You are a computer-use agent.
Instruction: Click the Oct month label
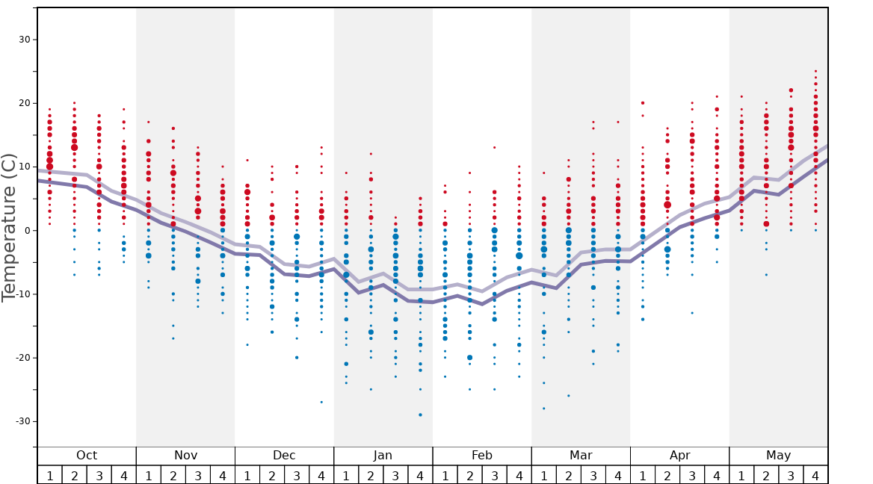(87, 456)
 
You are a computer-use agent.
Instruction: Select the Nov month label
(185, 456)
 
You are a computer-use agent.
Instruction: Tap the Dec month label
(284, 456)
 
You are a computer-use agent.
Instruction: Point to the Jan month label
(383, 456)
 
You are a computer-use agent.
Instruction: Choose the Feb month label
(482, 456)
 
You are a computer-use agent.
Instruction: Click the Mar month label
(581, 456)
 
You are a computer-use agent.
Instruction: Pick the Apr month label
(679, 456)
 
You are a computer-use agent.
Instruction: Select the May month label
(778, 456)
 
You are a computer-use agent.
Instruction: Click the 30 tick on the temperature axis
(22, 40)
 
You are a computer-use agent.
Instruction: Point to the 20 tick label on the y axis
(22, 103)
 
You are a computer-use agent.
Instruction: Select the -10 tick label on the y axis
(20, 294)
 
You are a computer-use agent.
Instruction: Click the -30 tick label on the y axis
(20, 421)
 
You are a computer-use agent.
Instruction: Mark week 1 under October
(49, 476)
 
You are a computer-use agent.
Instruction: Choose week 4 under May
(815, 476)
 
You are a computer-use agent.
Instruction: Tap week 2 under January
(371, 476)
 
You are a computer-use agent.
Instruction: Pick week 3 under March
(593, 476)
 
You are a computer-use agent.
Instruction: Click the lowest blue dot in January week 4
(420, 415)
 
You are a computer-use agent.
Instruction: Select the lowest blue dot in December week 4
(321, 402)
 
